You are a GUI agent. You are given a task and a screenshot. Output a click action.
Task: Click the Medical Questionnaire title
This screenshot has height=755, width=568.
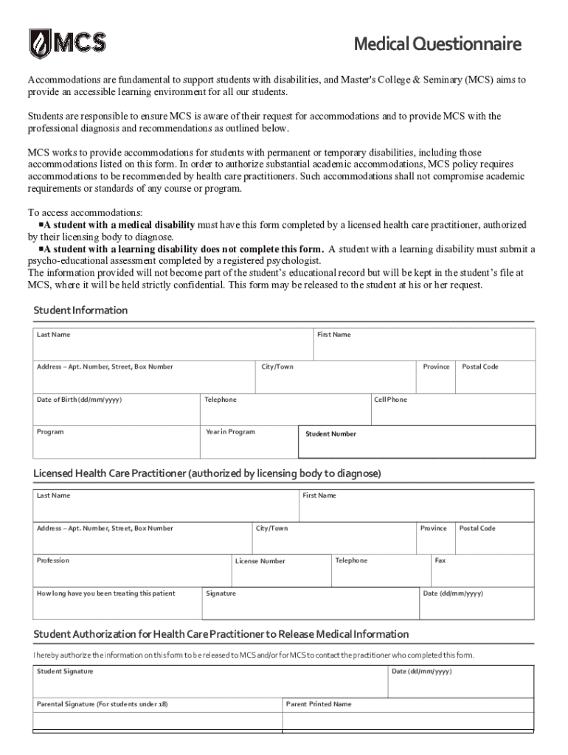tap(437, 45)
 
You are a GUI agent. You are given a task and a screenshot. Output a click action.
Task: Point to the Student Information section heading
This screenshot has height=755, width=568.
tap(80, 310)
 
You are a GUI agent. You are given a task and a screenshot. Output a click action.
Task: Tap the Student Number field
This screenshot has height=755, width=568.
tap(417, 442)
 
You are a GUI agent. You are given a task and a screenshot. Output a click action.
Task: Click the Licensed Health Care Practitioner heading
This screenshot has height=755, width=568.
tap(207, 473)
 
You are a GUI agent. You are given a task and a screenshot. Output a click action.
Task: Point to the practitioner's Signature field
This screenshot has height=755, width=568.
tap(310, 602)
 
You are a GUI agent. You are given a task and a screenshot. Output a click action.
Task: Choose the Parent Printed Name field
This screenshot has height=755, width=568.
tap(408, 714)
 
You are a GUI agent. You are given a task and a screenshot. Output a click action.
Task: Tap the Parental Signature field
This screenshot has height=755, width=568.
tap(157, 714)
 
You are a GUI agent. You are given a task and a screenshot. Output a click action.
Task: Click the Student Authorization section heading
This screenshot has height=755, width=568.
tap(221, 634)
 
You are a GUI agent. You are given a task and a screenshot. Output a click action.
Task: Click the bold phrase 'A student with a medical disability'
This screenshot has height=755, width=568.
tap(119, 225)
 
